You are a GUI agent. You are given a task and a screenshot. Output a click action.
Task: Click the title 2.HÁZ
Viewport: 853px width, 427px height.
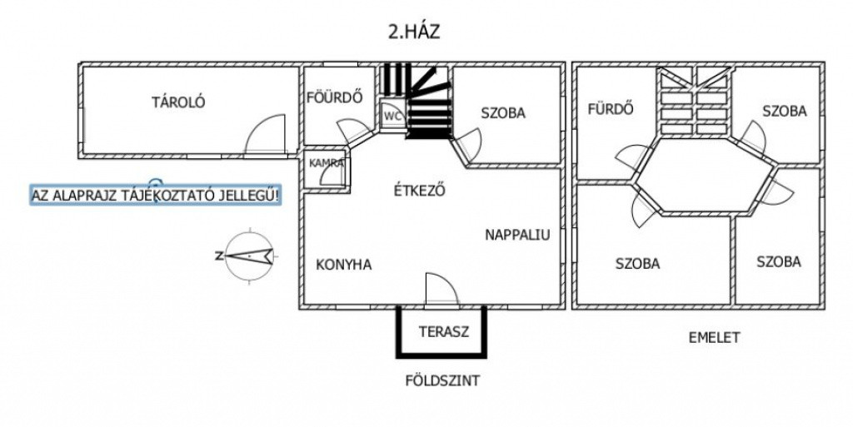point(413,33)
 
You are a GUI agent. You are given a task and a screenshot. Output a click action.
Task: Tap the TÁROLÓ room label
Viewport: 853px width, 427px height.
point(178,103)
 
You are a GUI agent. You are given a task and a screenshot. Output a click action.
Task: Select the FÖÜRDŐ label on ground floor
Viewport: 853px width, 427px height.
point(334,97)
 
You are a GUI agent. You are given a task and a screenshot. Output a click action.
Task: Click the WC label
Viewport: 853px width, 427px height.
point(393,117)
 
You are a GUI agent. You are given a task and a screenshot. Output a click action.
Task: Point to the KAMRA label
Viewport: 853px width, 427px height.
point(327,163)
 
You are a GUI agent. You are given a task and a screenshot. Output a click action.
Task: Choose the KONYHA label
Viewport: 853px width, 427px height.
point(344,265)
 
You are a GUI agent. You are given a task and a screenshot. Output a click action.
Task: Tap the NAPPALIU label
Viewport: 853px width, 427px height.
point(517,235)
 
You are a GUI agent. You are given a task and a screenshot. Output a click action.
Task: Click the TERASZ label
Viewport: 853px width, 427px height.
point(443,331)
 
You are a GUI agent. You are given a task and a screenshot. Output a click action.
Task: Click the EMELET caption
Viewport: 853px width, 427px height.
point(714,337)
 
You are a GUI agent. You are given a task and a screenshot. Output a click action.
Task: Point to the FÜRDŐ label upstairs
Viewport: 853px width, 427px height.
point(611,108)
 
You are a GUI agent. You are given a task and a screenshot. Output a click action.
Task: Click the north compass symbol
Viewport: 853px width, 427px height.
point(247,256)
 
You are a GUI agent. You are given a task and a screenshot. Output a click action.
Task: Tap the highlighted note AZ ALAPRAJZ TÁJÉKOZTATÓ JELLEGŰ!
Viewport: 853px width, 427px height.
point(155,196)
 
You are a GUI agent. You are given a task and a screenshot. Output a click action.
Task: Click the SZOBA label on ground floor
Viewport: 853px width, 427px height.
point(502,113)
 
